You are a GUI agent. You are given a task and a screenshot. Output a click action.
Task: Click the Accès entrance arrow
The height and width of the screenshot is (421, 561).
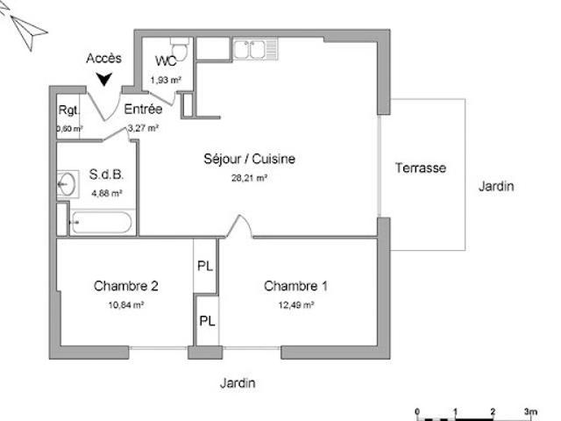click(x=105, y=80)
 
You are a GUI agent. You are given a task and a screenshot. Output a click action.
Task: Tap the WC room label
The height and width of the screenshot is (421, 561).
click(x=166, y=61)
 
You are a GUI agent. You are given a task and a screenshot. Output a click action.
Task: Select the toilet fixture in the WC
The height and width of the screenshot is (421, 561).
click(x=181, y=46)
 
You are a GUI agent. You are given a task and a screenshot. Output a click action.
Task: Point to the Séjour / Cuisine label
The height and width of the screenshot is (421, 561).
click(x=249, y=160)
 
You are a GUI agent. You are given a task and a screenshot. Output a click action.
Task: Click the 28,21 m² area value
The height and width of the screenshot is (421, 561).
click(x=249, y=176)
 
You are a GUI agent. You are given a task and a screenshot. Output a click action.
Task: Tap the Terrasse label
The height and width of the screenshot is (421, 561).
click(x=421, y=168)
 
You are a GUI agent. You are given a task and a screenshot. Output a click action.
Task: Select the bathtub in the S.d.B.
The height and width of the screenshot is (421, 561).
click(x=100, y=223)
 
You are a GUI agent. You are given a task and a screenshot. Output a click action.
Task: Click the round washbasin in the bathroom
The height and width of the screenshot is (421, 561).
click(x=66, y=183)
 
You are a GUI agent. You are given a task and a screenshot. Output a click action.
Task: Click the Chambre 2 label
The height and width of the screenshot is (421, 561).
click(x=126, y=286)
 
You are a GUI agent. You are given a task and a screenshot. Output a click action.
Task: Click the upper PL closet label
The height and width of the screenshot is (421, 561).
click(x=204, y=265)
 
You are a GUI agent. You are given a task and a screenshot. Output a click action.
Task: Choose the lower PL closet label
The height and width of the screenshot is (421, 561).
click(x=207, y=321)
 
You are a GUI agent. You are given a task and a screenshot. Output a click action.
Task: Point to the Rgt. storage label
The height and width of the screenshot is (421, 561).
click(x=68, y=111)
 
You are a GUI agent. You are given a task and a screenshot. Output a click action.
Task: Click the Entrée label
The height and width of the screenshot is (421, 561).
click(x=143, y=110)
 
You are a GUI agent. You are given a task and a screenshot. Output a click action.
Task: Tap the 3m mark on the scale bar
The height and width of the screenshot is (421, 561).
click(x=529, y=411)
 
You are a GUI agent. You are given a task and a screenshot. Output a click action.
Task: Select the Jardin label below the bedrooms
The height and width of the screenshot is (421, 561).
click(x=238, y=383)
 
